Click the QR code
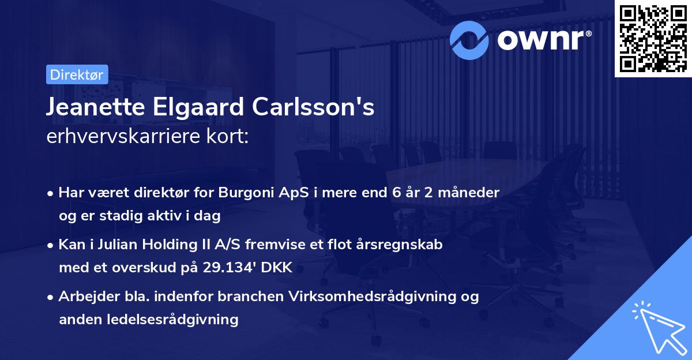653,39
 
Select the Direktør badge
77,74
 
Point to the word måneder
467,192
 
